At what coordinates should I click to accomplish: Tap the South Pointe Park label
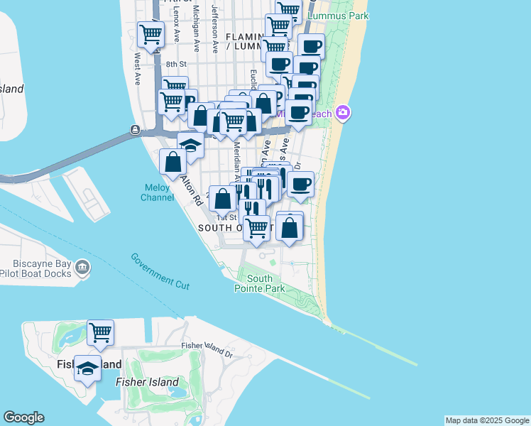(260, 283)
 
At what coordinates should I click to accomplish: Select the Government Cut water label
(160, 270)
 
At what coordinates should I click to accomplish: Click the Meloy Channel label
(158, 192)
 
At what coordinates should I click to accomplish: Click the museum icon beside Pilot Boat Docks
(83, 267)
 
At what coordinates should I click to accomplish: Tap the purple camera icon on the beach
(343, 113)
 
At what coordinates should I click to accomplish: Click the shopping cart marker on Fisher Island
(101, 332)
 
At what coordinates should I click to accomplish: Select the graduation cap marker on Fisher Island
(87, 368)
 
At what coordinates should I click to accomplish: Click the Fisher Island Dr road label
(207, 346)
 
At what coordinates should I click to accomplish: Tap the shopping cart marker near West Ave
(150, 33)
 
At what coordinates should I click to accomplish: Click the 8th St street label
(175, 64)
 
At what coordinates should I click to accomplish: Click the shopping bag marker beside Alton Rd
(173, 162)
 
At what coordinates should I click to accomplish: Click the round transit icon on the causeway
(135, 130)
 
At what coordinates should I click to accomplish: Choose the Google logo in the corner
(23, 417)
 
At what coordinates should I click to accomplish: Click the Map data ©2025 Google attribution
(487, 420)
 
